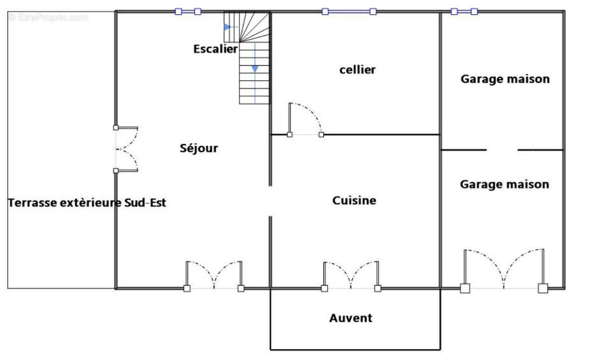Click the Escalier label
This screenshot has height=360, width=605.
(215, 49)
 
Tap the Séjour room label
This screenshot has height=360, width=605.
(199, 148)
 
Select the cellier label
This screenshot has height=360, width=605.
(357, 70)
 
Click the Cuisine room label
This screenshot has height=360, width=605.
(354, 201)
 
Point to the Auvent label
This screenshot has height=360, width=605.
(351, 318)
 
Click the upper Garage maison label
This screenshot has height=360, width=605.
(505, 79)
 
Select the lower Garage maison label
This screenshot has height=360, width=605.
(504, 185)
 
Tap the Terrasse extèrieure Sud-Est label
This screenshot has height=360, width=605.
(87, 203)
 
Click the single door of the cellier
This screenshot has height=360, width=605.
(305, 121)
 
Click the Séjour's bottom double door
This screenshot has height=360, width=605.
(214, 277)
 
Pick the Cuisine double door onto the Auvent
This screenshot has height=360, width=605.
(351, 277)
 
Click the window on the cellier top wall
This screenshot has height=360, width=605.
(349, 11)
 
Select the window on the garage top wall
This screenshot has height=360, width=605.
(464, 11)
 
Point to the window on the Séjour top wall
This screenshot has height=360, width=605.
(188, 11)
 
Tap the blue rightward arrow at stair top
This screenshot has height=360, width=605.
(228, 27)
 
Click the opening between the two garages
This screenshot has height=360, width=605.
(502, 150)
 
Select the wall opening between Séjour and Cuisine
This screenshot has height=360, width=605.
(270, 201)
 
